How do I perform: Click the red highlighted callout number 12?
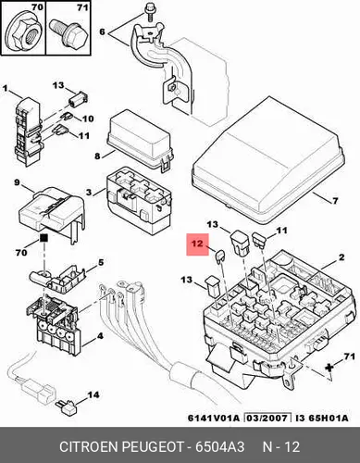[197, 244]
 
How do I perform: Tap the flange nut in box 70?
[23, 33]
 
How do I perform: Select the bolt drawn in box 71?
[68, 32]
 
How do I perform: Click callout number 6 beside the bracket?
[102, 31]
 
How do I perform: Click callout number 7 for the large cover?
[335, 201]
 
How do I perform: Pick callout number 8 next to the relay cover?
[97, 156]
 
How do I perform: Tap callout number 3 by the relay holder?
[89, 193]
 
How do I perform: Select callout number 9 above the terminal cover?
[17, 182]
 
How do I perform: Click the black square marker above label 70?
[43, 238]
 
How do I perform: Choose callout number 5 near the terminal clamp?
[101, 262]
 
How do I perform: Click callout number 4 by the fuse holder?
[100, 336]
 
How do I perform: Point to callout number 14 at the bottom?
[93, 394]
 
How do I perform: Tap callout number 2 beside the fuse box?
[341, 257]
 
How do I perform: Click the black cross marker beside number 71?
[329, 368]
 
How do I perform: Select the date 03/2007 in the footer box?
[267, 419]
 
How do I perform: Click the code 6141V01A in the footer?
[214, 419]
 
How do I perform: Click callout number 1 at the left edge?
[5, 89]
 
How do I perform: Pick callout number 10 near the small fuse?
[88, 119]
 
